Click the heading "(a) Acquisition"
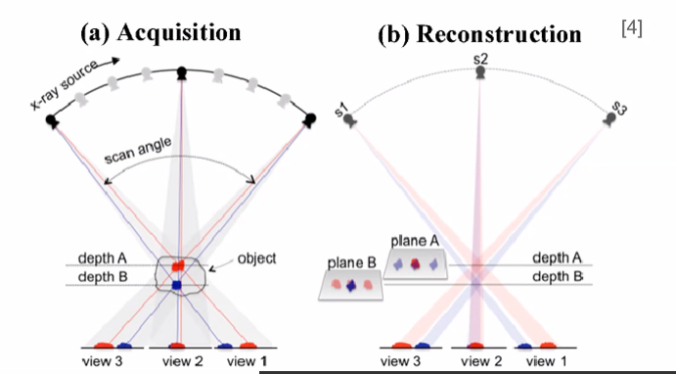click(160, 31)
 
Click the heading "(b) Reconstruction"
click(479, 33)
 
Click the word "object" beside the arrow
click(255, 258)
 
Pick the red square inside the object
click(177, 264)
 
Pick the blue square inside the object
click(176, 285)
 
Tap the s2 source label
click(480, 60)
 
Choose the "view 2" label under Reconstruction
click(479, 362)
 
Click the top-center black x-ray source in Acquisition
click(181, 71)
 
